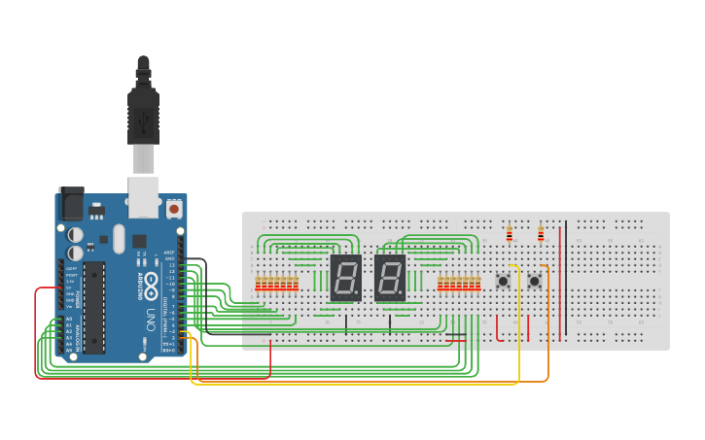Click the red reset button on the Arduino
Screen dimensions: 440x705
173,208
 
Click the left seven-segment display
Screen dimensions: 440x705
345,279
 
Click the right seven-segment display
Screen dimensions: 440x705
389,279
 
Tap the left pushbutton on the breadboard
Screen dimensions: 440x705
503,282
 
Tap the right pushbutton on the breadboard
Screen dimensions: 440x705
535,282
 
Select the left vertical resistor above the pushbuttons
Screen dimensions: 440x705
509,233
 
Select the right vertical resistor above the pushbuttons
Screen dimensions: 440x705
541,233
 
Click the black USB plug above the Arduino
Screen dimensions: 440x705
143,112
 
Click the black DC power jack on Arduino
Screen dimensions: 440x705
70,203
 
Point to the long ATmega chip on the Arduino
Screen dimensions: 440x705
93,305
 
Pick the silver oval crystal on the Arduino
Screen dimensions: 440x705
119,238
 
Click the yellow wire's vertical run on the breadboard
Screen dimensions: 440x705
519,321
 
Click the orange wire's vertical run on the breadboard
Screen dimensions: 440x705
547,321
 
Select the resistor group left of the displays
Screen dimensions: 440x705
276,284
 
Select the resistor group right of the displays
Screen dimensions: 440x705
459,284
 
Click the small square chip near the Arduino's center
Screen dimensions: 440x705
139,240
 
